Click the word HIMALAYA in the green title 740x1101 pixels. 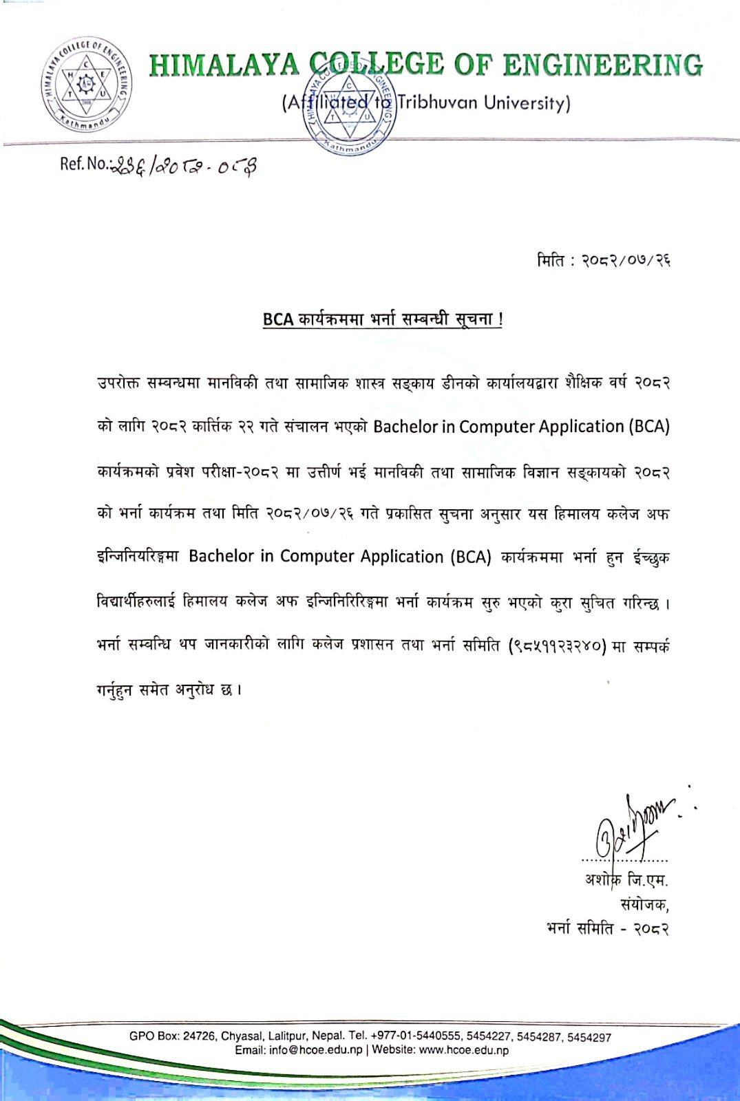pyautogui.click(x=224, y=65)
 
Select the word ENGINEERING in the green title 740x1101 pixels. pyautogui.click(x=603, y=65)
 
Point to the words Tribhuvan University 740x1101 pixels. pyautogui.click(x=484, y=103)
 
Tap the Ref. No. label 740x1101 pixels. pyautogui.click(x=83, y=164)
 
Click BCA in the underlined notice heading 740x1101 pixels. pyautogui.click(x=278, y=320)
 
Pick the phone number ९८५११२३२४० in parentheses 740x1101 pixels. pyautogui.click(x=557, y=646)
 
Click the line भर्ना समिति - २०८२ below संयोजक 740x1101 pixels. pyautogui.click(x=607, y=929)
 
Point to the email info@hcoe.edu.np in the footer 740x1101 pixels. pyautogui.click(x=316, y=1050)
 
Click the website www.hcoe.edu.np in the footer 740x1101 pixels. pyautogui.click(x=464, y=1050)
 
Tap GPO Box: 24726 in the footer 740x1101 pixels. pyautogui.click(x=173, y=1036)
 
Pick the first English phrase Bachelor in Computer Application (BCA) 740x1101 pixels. pyautogui.click(x=521, y=427)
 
